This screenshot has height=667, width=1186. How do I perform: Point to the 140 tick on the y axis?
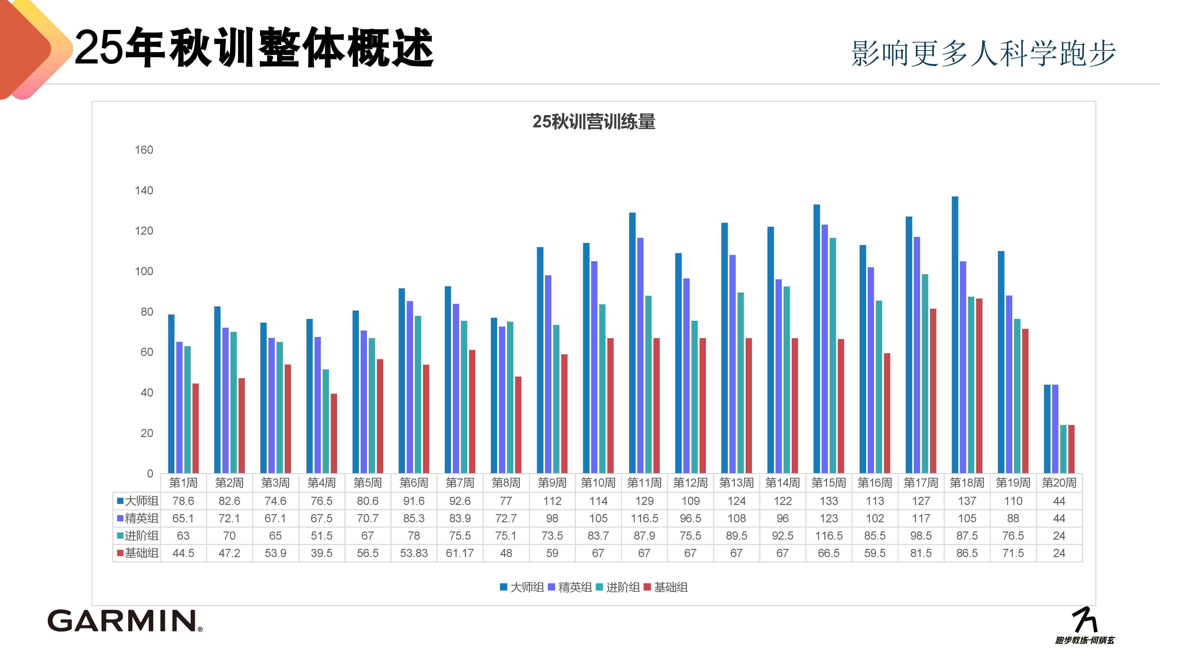click(144, 191)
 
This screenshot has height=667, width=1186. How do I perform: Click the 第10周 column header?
click(598, 483)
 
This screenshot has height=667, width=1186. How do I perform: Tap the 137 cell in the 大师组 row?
click(967, 501)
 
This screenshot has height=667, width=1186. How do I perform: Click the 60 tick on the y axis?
click(146, 352)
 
